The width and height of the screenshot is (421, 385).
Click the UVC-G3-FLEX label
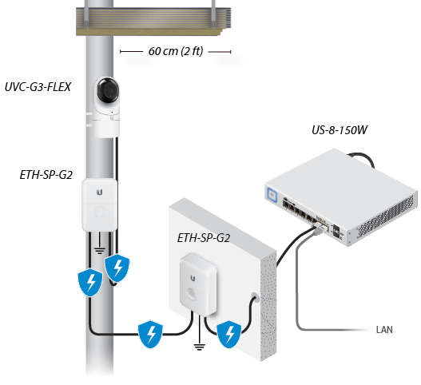38,87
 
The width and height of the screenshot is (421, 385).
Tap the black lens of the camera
108,90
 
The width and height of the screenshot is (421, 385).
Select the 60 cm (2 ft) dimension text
176,51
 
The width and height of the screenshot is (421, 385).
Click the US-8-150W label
340,130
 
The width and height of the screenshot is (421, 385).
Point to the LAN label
384,330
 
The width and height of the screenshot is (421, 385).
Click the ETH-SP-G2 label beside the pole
46,175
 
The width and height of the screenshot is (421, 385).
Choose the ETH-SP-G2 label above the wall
204,238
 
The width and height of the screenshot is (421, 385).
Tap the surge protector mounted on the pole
100,204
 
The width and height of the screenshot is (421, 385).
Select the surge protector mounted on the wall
198,284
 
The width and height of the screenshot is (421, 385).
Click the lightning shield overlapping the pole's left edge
90,282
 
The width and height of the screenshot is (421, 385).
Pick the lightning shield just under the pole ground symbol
117,268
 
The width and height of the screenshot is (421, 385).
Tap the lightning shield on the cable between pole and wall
150,334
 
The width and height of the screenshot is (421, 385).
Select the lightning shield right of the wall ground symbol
229,334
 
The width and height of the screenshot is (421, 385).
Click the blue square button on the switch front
272,194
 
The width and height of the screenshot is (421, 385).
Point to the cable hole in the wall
256,297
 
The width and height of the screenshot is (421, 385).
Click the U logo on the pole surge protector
100,192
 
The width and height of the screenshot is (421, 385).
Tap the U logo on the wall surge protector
193,279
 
